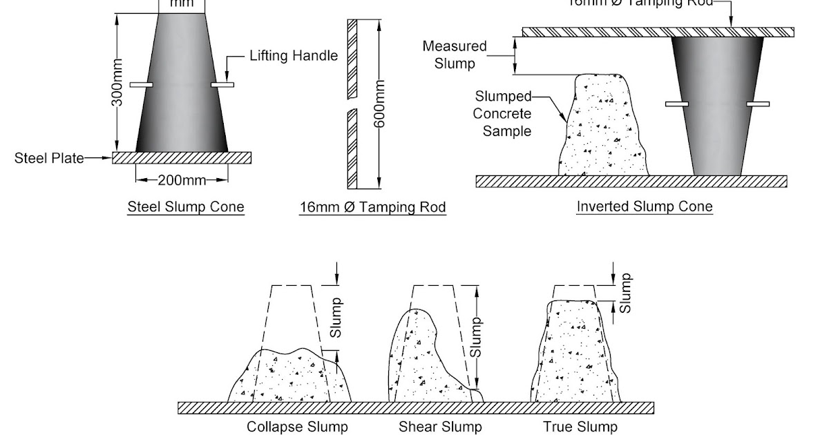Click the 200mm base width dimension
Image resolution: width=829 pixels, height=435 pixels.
(x=182, y=181)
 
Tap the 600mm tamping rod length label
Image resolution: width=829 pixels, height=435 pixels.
(x=379, y=104)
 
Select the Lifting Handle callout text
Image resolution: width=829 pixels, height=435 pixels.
(x=294, y=56)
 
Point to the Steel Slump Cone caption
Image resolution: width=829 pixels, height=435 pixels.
(x=186, y=207)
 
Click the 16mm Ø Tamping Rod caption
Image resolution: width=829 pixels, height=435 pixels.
(x=372, y=207)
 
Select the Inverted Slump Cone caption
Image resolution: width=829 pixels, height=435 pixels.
(x=645, y=206)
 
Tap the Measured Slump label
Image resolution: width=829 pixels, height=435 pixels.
(x=455, y=55)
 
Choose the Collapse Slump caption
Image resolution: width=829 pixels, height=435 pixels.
(x=298, y=427)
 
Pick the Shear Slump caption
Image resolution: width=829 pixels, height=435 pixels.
(x=440, y=427)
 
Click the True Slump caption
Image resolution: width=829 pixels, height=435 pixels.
(x=580, y=427)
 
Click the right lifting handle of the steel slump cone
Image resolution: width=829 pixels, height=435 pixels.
(x=222, y=85)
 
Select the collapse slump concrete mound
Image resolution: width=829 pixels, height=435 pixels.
(x=290, y=376)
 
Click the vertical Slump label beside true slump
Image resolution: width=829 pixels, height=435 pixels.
(x=626, y=293)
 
